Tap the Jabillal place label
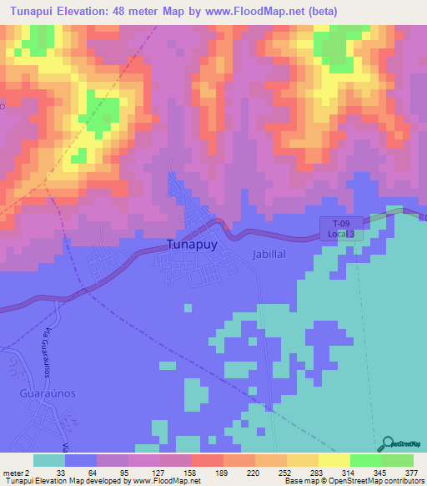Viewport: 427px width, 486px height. coord(270,253)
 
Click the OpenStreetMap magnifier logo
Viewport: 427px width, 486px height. coord(389,443)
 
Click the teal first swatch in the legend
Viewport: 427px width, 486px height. coord(49,460)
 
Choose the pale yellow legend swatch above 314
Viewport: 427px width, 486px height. coord(334,460)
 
